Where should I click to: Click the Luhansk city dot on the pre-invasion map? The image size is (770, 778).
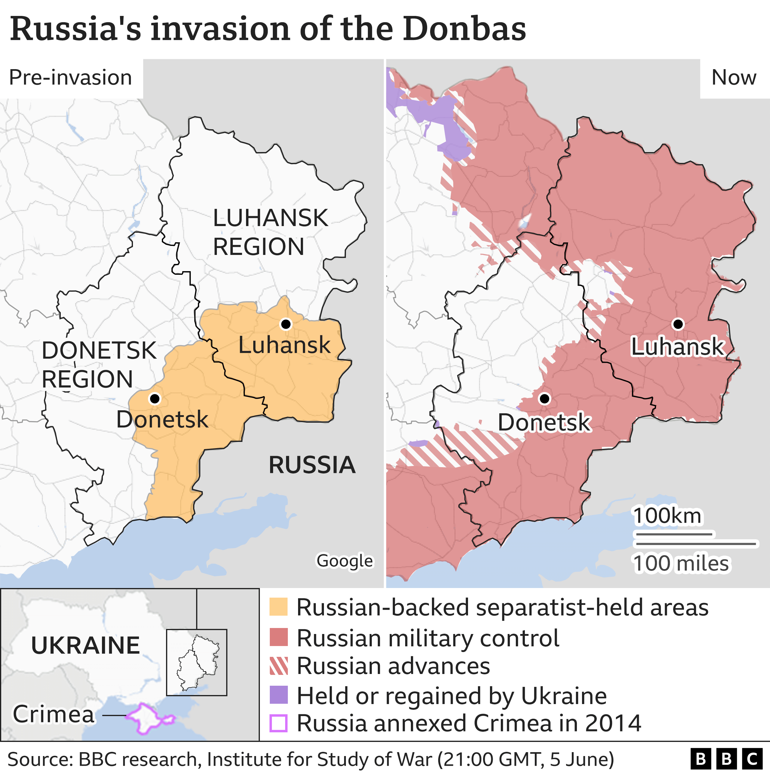(286, 324)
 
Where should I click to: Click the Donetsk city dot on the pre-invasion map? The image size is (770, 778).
(155, 399)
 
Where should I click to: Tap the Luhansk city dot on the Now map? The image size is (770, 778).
(678, 324)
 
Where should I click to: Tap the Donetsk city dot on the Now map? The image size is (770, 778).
(544, 399)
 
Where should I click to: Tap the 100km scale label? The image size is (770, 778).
(667, 516)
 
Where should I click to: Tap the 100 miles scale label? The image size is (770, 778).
(681, 563)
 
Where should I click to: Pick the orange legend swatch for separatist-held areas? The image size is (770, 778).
(279, 607)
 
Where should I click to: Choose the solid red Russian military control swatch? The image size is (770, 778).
(279, 637)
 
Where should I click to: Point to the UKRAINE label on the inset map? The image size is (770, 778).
(85, 645)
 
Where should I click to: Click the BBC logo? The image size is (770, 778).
(726, 759)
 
